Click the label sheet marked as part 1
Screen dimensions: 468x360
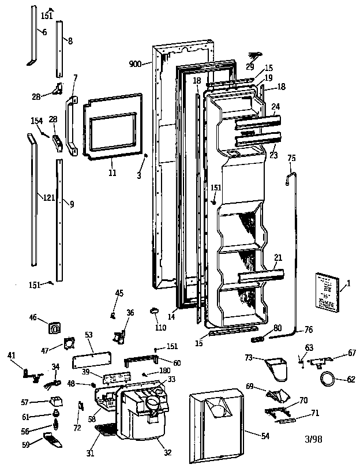pos(328,290)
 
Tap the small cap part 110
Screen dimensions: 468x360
pos(155,311)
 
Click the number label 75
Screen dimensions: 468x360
pos(291,158)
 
